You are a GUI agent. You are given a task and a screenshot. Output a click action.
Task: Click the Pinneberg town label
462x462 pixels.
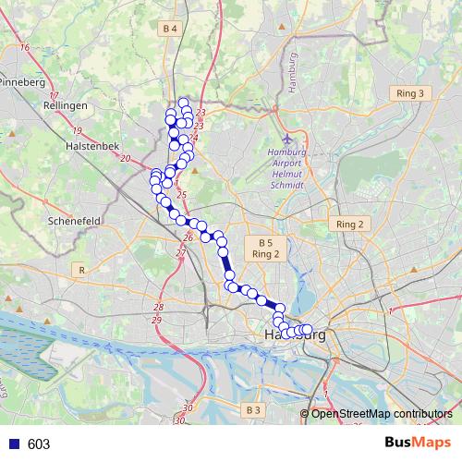23,82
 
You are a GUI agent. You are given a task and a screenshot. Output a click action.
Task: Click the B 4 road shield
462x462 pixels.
168,30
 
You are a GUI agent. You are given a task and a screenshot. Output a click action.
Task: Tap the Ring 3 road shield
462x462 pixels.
409,93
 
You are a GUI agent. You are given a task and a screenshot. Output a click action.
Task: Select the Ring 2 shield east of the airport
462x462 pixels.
351,225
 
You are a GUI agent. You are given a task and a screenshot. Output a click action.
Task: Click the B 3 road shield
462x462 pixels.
254,408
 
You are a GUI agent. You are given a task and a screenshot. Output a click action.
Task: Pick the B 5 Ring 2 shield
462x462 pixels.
265,247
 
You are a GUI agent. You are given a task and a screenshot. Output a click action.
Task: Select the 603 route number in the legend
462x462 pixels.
39,444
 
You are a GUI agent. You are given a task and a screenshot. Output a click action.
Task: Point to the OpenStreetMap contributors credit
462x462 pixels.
381,413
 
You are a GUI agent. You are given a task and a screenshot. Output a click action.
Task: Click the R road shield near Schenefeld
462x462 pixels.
82,270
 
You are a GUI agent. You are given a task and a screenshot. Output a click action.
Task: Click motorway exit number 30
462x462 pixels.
188,407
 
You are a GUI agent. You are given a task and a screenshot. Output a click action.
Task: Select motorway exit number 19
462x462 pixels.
77,130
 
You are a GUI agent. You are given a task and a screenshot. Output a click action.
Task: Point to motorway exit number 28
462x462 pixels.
159,307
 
